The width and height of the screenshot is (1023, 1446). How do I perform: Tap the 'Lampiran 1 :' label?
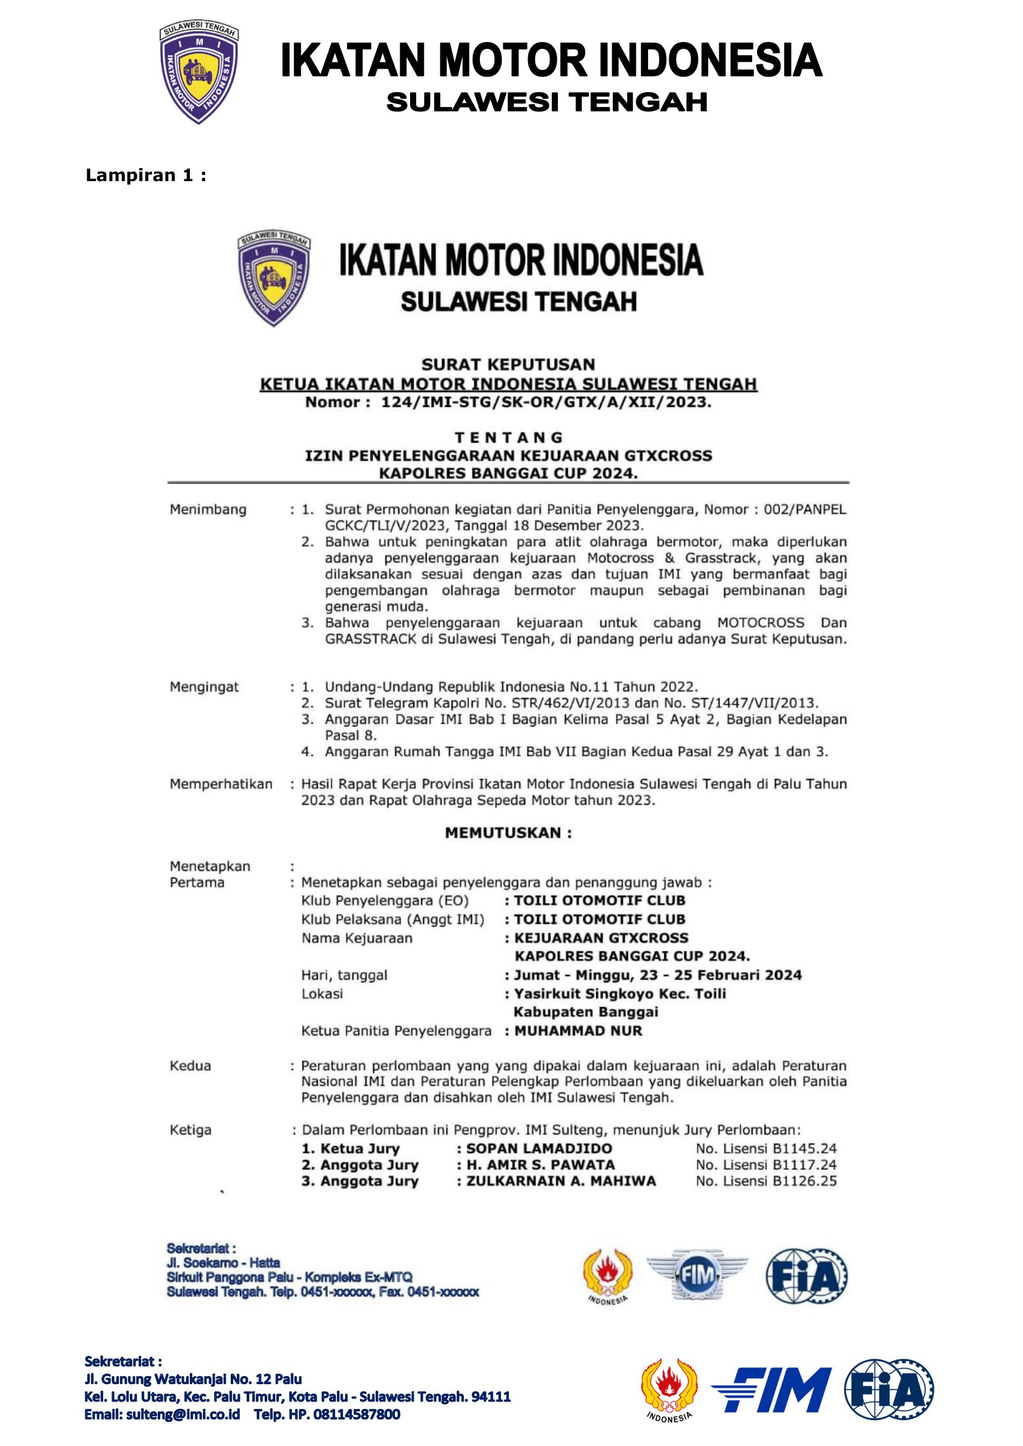coord(145,176)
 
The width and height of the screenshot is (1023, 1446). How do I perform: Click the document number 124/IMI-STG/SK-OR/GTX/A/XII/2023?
coord(546,402)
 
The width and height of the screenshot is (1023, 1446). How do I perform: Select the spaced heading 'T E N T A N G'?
coord(508,437)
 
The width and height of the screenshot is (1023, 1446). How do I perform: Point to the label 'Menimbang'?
coord(208,509)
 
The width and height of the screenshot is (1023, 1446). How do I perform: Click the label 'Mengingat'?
coord(204,687)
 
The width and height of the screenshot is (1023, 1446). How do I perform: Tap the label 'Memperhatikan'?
coord(221,784)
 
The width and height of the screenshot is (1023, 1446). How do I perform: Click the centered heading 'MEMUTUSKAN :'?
coord(508,833)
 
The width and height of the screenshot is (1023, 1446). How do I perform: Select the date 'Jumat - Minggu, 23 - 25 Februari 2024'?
coord(657,976)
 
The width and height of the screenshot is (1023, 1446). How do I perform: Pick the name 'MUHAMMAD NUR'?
coord(578,1031)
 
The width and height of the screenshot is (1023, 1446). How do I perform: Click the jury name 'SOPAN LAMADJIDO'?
coord(539,1148)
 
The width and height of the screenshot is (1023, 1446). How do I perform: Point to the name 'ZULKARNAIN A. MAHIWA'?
coord(560,1181)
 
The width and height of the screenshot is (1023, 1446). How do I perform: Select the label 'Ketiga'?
coord(190,1130)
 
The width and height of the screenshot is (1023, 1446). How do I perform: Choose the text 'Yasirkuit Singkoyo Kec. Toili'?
coord(620,994)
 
